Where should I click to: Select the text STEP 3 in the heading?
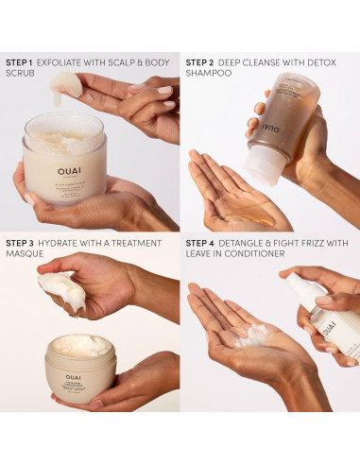tap(20, 244)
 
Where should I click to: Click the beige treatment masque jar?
tap(81, 369)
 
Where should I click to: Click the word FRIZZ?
tap(311, 244)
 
